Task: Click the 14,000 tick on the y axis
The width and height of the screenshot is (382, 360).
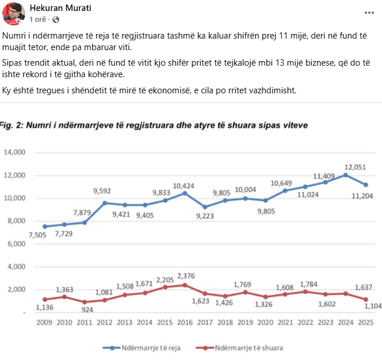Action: pos(16,153)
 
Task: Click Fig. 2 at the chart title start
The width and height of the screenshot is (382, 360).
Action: pos(12,124)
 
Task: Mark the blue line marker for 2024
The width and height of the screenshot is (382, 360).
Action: pos(345,175)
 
